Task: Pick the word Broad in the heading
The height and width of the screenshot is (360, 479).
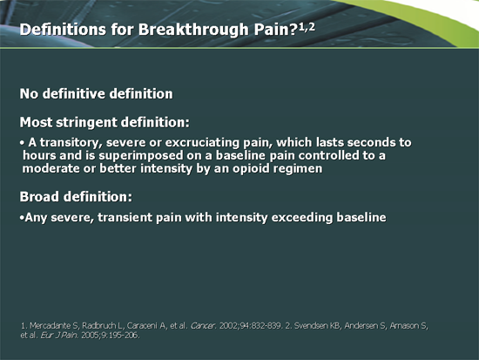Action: tap(40, 196)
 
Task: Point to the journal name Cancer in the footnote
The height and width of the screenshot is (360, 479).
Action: tap(211, 325)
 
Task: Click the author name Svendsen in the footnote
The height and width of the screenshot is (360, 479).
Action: tap(347, 325)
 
